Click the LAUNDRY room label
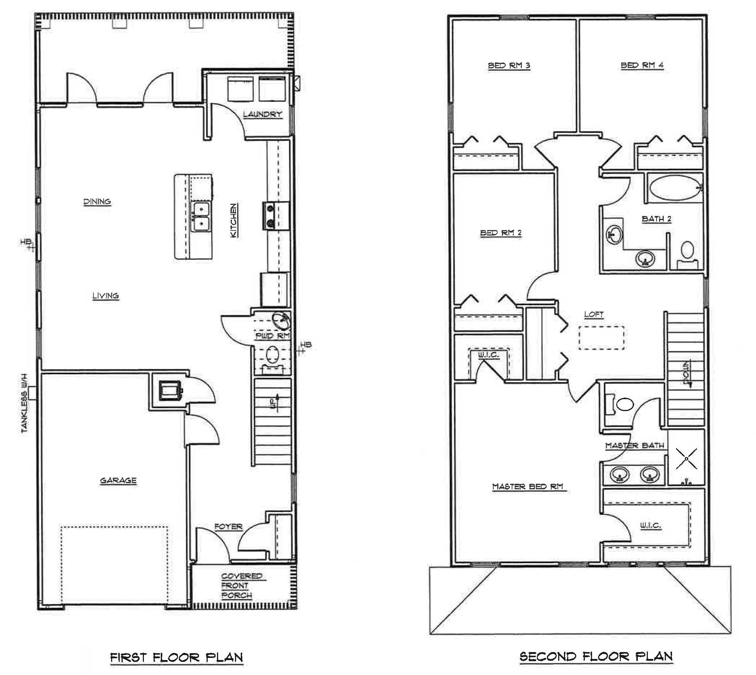[x=263, y=114]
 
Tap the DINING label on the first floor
[x=97, y=202]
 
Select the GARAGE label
[x=118, y=481]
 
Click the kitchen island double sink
[x=200, y=217]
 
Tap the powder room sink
[x=281, y=320]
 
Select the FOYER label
[x=228, y=527]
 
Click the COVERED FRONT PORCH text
[x=242, y=586]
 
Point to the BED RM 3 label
[x=509, y=66]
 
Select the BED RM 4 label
[x=642, y=65]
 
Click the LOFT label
[x=594, y=314]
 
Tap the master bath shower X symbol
[x=686, y=459]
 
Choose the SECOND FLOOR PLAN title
[x=596, y=656]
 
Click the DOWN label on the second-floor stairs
[x=687, y=373]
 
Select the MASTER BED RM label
[x=528, y=486]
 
